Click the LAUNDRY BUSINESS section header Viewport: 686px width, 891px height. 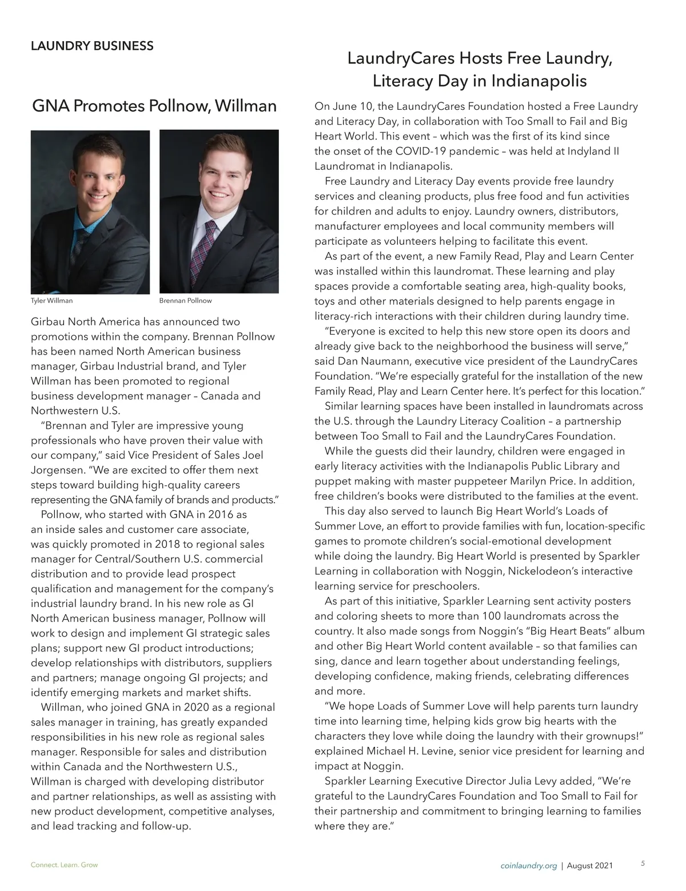pyautogui.click(x=92, y=46)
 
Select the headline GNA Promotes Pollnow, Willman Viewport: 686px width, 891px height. pyautogui.click(x=154, y=106)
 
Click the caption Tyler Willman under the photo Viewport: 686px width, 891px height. pyautogui.click(x=51, y=300)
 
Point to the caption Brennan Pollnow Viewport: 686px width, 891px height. pyautogui.click(x=185, y=300)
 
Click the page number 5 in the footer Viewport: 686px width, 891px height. pyautogui.click(x=643, y=864)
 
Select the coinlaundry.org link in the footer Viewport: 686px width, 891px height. pyautogui.click(x=528, y=865)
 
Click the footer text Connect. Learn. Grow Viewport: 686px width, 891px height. pyautogui.click(x=64, y=865)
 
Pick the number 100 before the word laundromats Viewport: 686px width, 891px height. pyautogui.click(x=492, y=616)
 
